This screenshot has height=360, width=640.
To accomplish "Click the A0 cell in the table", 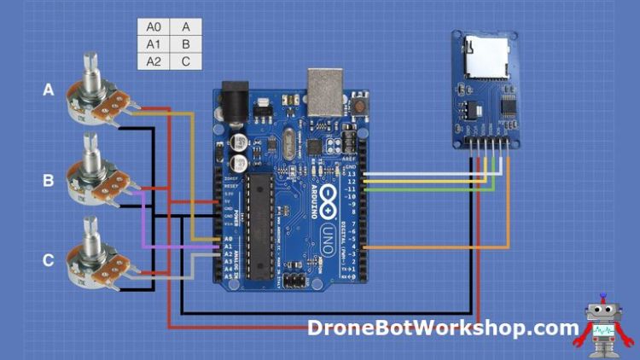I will tap(153, 26).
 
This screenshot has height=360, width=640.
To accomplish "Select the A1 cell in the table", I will tap(153, 44).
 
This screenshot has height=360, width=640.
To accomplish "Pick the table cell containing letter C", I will tap(186, 61).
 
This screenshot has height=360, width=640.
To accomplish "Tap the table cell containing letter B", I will tap(186, 44).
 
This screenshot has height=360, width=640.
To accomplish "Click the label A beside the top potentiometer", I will tap(49, 89).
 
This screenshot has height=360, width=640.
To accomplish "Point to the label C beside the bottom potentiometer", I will tap(49, 260).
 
